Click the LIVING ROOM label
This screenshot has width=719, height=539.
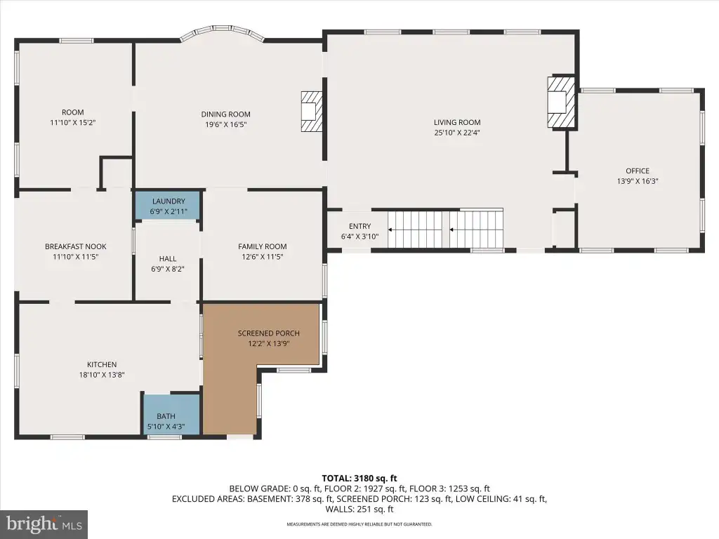[457, 122]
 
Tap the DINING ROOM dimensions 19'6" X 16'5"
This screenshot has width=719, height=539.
[225, 125]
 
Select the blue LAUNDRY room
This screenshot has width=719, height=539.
[169, 206]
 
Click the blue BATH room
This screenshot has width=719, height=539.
[171, 414]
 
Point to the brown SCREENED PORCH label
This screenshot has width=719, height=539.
[268, 333]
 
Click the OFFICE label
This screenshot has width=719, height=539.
[638, 171]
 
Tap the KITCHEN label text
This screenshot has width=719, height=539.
[102, 364]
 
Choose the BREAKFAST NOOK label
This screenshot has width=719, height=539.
[75, 246]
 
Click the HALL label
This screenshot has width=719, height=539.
[168, 259]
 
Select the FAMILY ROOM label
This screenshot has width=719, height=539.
[263, 246]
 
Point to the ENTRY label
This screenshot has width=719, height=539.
[360, 227]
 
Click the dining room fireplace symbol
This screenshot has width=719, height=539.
[312, 112]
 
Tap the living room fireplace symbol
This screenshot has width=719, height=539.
[561, 102]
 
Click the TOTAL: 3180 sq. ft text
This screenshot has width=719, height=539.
[359, 479]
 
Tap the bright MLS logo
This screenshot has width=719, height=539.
[44, 524]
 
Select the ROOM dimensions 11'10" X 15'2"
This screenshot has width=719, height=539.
[73, 123]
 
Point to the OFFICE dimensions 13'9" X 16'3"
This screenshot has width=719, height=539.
[638, 181]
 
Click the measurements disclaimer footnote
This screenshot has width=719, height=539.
[359, 524]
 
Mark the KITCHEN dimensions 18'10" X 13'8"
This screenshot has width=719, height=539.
[102, 375]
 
